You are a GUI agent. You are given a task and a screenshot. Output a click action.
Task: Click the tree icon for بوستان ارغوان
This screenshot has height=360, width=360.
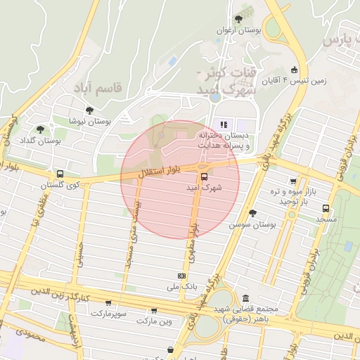click(238, 18)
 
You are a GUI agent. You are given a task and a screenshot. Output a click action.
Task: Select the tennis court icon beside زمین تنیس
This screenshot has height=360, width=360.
click(294, 70)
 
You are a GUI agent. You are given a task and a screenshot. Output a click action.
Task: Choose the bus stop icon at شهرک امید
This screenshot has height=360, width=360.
click(204, 176)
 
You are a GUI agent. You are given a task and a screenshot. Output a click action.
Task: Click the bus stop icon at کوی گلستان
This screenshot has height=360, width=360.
click(60, 174)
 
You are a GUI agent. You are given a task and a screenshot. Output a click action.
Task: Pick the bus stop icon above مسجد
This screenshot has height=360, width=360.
click(326, 208)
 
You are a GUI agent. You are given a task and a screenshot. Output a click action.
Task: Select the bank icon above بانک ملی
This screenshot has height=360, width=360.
click(182, 276)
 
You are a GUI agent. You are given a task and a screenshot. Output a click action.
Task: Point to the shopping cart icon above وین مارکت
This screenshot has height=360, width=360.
click(154, 310)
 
